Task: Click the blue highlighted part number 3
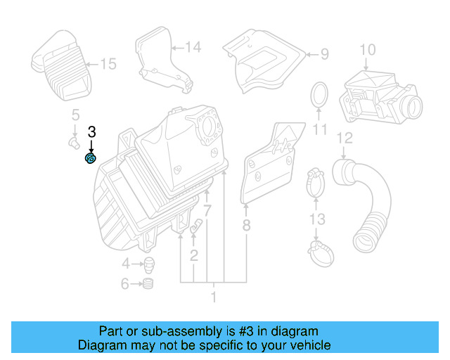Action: [91, 159]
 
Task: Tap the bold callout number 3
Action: [91, 131]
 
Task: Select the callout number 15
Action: [108, 65]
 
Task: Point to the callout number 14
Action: [193, 48]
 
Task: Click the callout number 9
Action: [324, 53]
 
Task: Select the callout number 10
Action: [368, 50]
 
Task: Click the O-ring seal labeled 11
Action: [320, 94]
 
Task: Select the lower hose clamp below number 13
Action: [320, 248]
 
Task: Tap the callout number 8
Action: [246, 225]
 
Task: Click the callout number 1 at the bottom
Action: [214, 297]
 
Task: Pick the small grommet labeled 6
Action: [148, 285]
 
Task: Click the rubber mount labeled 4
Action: [149, 265]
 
